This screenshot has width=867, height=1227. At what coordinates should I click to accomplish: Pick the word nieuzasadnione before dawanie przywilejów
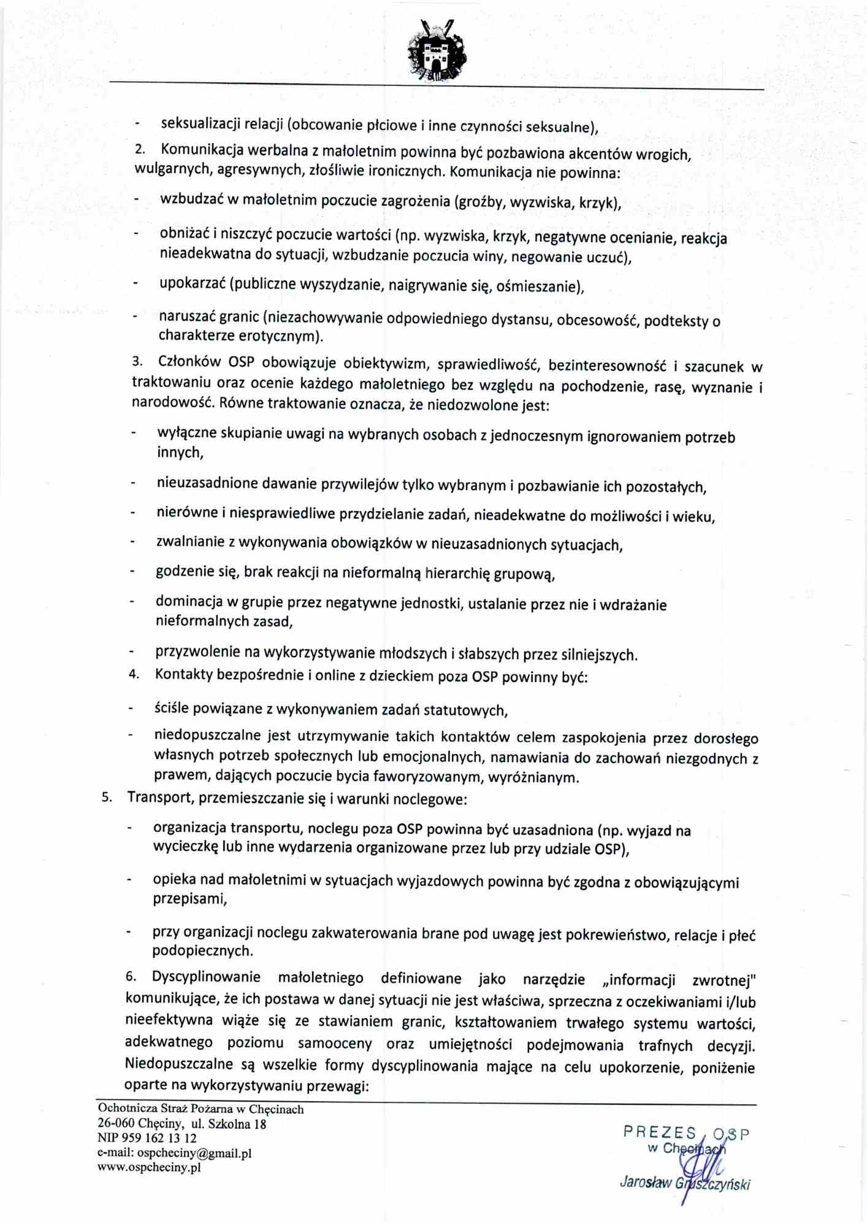point(207,483)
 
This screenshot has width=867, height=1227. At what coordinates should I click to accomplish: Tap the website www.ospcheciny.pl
point(149,1167)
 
